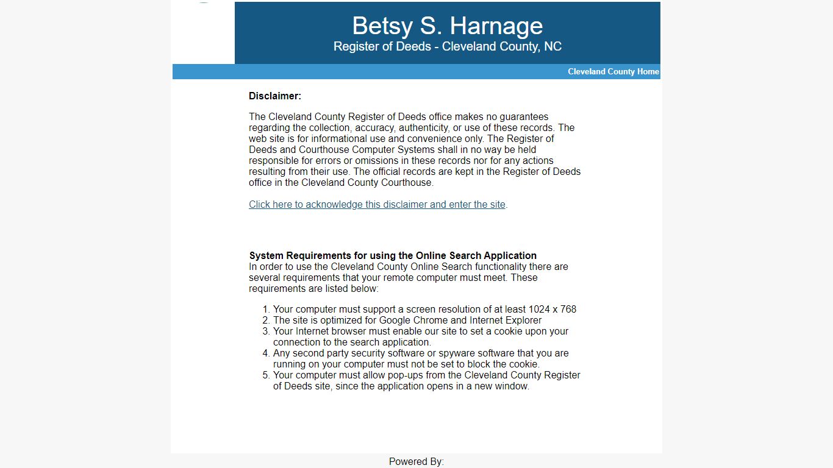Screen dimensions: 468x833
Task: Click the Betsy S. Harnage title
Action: coord(447,26)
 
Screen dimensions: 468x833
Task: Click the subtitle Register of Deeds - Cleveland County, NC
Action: coord(447,46)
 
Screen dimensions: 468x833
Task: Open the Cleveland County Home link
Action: coord(613,71)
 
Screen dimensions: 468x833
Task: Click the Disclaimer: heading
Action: coord(274,96)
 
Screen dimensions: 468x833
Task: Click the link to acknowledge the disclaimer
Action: coord(377,205)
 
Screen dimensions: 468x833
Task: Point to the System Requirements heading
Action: coord(393,255)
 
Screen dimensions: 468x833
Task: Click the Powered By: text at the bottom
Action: coord(416,461)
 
